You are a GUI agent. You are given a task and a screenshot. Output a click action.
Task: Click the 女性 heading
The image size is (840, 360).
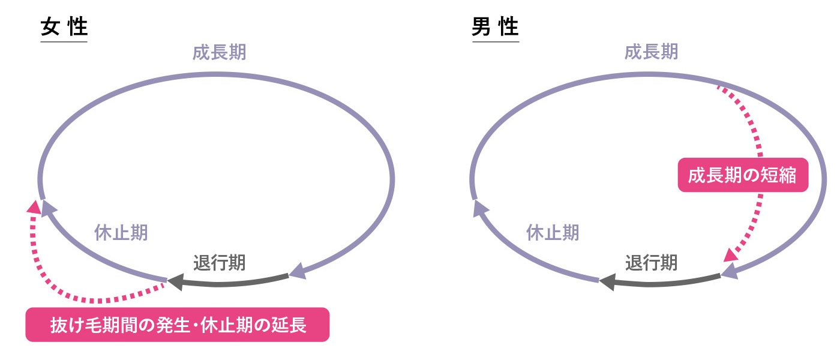(x=64, y=28)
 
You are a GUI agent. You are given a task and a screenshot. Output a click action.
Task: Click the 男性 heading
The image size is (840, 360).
(x=495, y=28)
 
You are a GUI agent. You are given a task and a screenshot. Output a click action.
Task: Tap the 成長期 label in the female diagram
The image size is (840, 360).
(x=219, y=53)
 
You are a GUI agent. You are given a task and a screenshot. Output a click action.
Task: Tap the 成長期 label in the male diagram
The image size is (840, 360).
(x=651, y=53)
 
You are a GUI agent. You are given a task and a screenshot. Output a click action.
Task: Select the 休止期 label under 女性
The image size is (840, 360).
(x=121, y=233)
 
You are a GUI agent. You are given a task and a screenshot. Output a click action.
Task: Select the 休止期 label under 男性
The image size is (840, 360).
(x=553, y=233)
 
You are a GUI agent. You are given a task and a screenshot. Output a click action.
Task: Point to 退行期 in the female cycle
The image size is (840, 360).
(x=220, y=263)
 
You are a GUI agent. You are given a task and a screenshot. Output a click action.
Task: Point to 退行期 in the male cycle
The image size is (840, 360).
(x=652, y=263)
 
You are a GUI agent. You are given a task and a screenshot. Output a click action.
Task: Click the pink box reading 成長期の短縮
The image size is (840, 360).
(x=743, y=175)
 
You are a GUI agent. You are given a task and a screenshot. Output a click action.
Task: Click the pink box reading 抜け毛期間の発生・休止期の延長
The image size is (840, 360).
(x=178, y=325)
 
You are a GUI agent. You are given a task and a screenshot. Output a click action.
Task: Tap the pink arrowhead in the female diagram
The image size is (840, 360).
(x=35, y=208)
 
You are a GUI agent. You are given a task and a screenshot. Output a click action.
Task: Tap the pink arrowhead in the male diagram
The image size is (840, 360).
(x=731, y=254)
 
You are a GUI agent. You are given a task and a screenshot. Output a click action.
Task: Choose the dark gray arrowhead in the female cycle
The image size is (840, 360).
(x=175, y=281)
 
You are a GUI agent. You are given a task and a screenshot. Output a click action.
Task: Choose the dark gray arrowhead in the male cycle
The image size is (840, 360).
(x=607, y=281)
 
